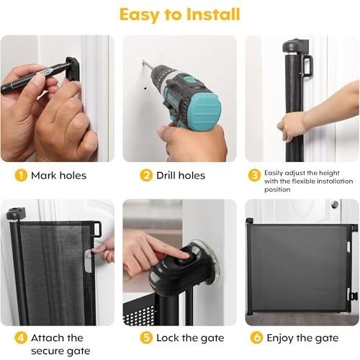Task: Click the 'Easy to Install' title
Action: tap(180, 14)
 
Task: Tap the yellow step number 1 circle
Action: tap(21, 175)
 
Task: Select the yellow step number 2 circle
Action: tap(146, 175)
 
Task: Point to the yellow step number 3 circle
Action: tap(254, 175)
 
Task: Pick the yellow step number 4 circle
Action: tap(21, 338)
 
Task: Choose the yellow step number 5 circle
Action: tap(146, 338)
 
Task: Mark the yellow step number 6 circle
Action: tap(256, 338)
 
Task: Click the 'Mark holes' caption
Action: tap(58, 176)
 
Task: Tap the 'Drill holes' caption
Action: tap(181, 176)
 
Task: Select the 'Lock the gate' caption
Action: tap(190, 338)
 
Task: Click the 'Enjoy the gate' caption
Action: tap(302, 338)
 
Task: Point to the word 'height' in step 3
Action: tap(330, 174)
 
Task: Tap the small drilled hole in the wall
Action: tap(145, 89)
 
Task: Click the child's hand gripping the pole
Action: tap(289, 128)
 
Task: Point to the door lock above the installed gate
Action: tap(335, 204)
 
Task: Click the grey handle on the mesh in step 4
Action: tap(89, 261)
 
